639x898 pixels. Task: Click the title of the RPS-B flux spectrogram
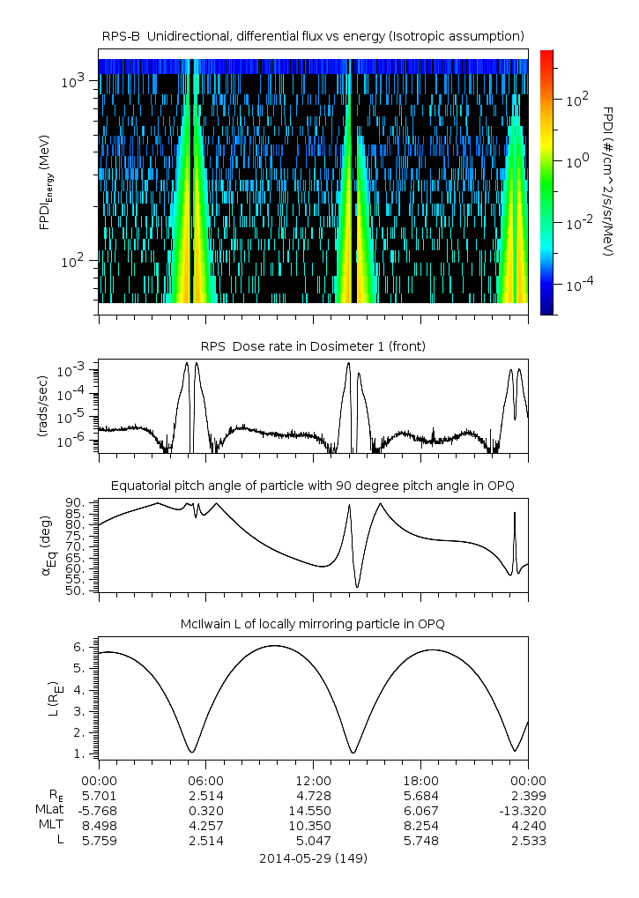pos(313,35)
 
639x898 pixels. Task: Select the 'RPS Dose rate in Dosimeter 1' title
pos(313,346)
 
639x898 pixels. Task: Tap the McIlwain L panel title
pos(313,624)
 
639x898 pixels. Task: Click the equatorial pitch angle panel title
pos(313,486)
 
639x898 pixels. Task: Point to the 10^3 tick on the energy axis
pos(72,81)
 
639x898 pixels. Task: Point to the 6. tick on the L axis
pos(81,647)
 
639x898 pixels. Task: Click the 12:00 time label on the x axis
pos(313,781)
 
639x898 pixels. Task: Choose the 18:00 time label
pos(420,781)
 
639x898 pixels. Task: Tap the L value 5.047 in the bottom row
pos(313,841)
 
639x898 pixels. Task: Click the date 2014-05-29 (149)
pos(313,857)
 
